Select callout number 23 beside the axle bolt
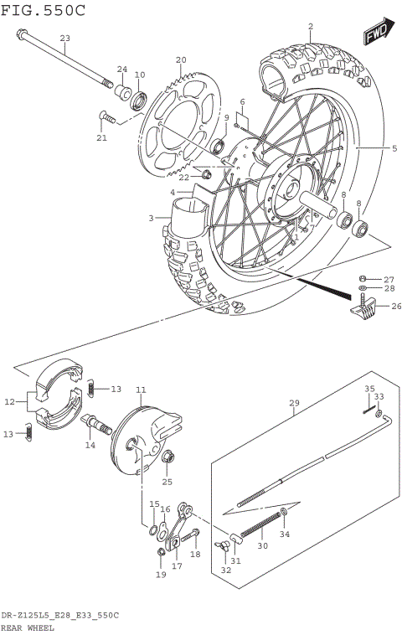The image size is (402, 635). pos(65,39)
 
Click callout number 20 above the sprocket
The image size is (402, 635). pos(180,59)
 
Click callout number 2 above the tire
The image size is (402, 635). pos(310,27)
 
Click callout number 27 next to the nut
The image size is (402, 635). pos(388,279)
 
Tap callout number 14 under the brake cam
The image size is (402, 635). pos(90,446)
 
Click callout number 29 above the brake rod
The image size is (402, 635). pos(294,404)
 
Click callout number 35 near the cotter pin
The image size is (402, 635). pos(369,388)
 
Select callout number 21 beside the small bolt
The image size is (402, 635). pos(101,137)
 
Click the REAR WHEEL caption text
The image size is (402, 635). pos(28,627)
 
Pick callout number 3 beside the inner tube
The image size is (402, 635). pos(152,219)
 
